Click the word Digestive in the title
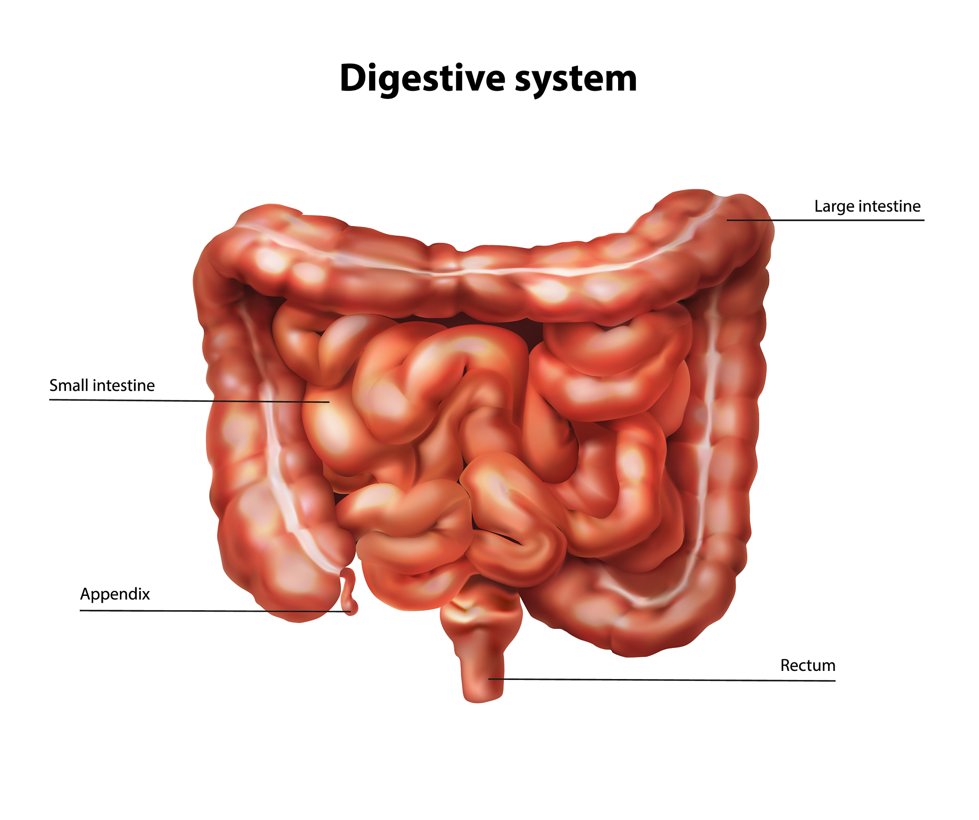pyautogui.click(x=423, y=79)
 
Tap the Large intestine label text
pyautogui.click(x=867, y=206)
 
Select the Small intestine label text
pyautogui.click(x=102, y=385)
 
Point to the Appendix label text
pyautogui.click(x=115, y=594)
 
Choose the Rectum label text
pyautogui.click(x=808, y=665)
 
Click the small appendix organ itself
pyautogui.click(x=348, y=592)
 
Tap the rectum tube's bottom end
pyautogui.click(x=483, y=699)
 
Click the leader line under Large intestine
pyautogui.click(x=825, y=220)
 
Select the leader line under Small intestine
pyautogui.click(x=189, y=401)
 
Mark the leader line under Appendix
pyautogui.click(x=215, y=611)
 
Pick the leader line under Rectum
pyautogui.click(x=662, y=680)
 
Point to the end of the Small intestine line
pyautogui.click(x=329, y=402)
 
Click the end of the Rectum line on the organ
pyautogui.click(x=489, y=679)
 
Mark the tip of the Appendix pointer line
pyautogui.click(x=351, y=612)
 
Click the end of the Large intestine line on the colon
pyautogui.click(x=727, y=220)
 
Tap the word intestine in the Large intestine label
pyautogui.click(x=890, y=206)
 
